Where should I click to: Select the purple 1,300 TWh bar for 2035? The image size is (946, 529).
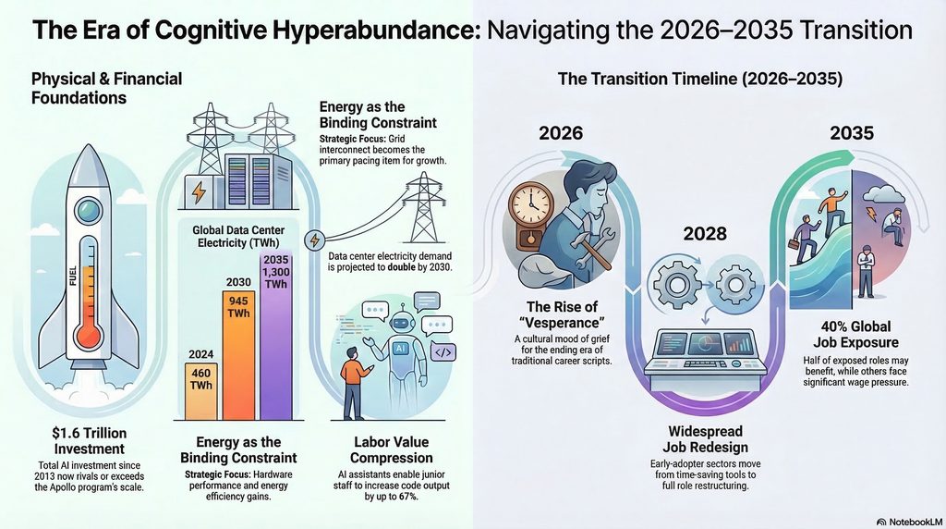pyautogui.click(x=275, y=336)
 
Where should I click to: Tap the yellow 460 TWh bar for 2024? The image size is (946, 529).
pyautogui.click(x=200, y=391)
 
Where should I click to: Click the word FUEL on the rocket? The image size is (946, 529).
pyautogui.click(x=73, y=276)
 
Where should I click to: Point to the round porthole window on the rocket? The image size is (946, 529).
pyautogui.click(x=89, y=209)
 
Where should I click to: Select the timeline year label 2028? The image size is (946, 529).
pyautogui.click(x=705, y=233)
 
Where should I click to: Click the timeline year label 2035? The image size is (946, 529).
pyautogui.click(x=851, y=133)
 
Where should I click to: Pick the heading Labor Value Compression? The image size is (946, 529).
pyautogui.click(x=391, y=449)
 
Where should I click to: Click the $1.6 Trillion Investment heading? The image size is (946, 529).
pyautogui.click(x=90, y=441)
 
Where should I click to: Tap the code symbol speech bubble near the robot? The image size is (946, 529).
pyautogui.click(x=443, y=352)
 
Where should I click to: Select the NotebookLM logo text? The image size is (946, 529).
pyautogui.click(x=909, y=522)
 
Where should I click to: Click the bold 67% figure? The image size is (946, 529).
pyautogui.click(x=407, y=497)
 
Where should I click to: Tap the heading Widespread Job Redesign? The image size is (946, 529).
pyautogui.click(x=705, y=439)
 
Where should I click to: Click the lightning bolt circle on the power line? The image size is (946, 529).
pyautogui.click(x=314, y=240)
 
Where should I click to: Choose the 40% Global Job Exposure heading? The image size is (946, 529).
pyautogui.click(x=855, y=335)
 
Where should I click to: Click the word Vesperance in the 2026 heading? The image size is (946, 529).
pyautogui.click(x=565, y=322)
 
